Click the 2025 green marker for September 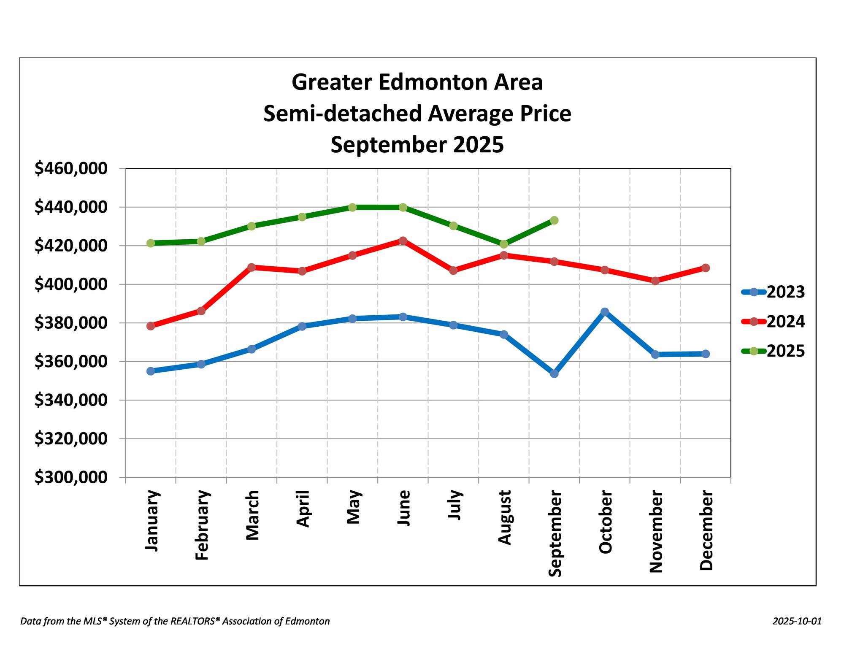click(x=554, y=220)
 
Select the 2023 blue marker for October click(x=605, y=312)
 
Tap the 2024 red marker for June click(x=403, y=241)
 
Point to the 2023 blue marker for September click(x=554, y=373)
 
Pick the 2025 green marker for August click(x=503, y=244)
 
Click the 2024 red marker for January click(x=151, y=326)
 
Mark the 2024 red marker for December click(x=705, y=268)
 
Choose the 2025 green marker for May click(x=352, y=207)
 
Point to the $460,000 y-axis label click(x=71, y=168)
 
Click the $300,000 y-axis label click(x=71, y=477)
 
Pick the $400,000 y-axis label click(x=71, y=284)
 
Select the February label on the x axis click(x=202, y=525)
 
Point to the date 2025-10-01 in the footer click(x=797, y=621)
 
